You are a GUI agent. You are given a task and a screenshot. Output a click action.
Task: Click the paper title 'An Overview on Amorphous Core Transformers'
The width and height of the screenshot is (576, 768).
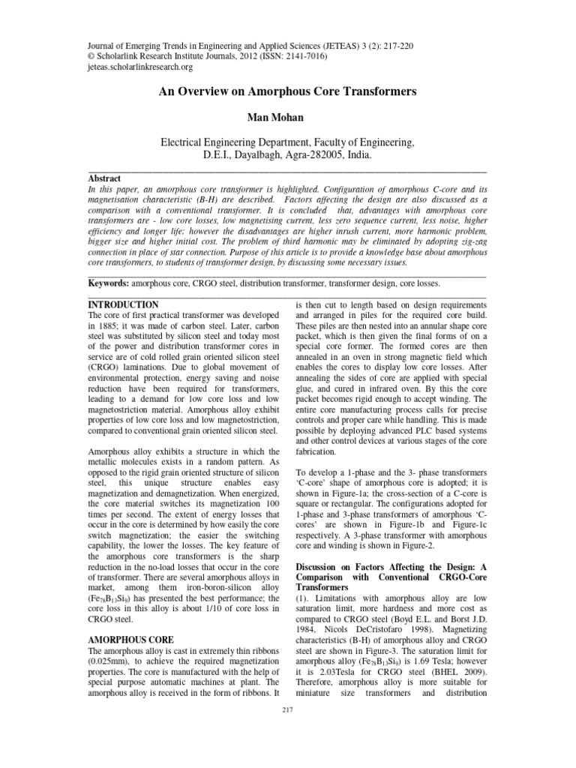[x=287, y=92]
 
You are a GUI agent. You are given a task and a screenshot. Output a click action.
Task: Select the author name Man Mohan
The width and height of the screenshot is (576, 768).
[x=287, y=117]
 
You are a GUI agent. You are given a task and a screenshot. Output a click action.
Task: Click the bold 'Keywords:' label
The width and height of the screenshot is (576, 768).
[x=109, y=285]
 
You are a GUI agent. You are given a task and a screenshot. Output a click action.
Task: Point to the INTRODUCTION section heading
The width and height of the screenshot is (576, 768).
[x=123, y=305]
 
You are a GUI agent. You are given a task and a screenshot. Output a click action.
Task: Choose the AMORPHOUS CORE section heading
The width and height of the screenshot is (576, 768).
[x=130, y=640]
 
